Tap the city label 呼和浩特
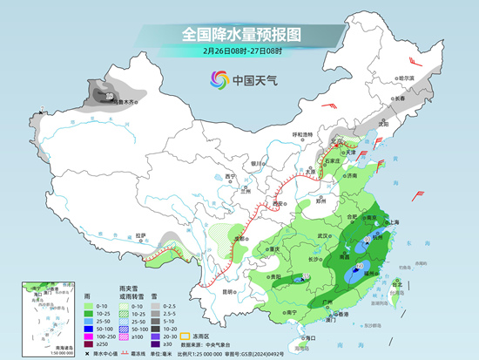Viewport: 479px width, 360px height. click(301, 134)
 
